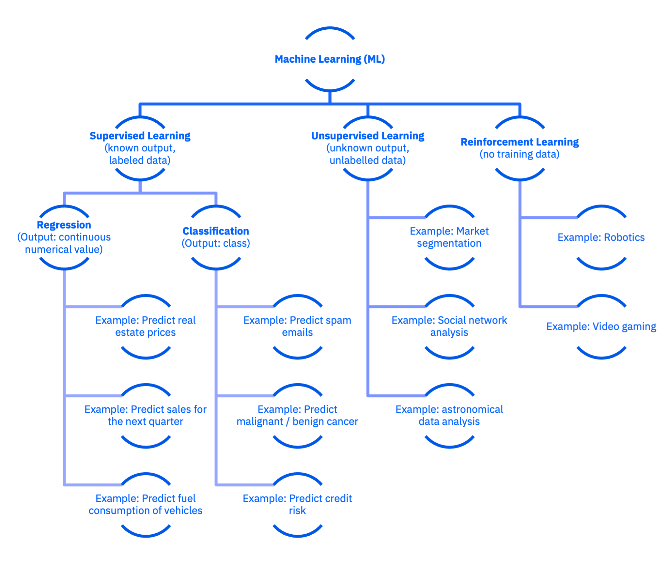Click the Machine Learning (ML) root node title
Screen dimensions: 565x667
330,59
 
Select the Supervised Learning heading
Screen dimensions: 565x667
140,136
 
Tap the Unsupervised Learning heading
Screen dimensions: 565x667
368,136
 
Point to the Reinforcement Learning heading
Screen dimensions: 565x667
520,142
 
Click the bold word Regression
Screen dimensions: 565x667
64,225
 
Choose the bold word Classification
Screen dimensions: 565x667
216,231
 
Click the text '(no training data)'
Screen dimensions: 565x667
520,154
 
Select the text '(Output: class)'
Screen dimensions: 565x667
216,243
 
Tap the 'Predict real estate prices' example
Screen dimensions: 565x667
146,326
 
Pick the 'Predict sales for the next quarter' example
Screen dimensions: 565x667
146,415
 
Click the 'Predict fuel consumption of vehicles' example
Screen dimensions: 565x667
146,504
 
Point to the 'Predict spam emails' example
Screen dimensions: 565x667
297,326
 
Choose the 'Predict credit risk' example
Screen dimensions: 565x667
297,504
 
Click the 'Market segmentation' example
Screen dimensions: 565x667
449,237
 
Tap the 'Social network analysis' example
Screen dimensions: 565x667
449,326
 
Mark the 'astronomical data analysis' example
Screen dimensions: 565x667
449,415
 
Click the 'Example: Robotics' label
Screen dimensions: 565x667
601,237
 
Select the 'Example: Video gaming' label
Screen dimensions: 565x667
601,327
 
